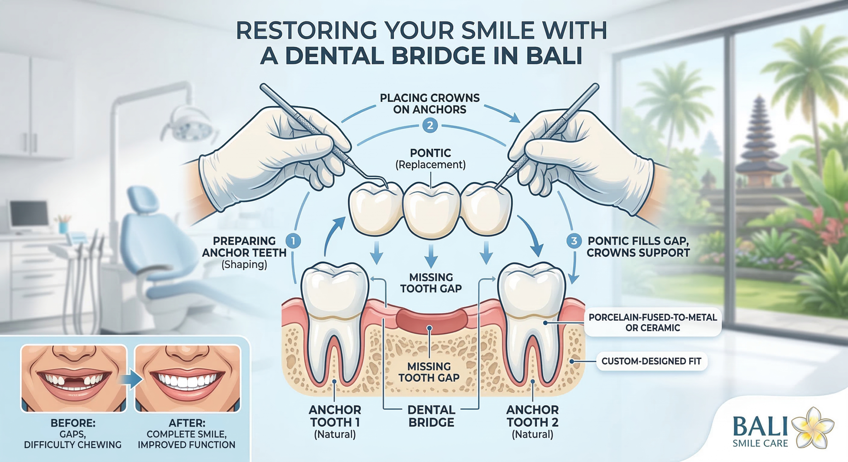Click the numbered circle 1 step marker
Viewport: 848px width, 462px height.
click(293, 241)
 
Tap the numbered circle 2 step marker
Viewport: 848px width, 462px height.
click(430, 126)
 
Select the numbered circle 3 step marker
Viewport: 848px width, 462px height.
click(574, 241)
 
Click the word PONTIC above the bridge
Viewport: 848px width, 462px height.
click(430, 153)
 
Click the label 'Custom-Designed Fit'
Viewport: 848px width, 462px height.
click(651, 361)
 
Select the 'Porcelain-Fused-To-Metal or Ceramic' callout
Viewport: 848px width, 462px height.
click(653, 322)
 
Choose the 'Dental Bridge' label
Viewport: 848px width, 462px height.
click(431, 416)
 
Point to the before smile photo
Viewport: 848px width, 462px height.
click(74, 378)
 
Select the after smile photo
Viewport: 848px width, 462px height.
click(188, 378)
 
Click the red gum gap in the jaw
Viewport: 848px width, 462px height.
click(431, 319)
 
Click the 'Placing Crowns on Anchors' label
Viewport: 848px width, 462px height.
click(430, 104)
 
